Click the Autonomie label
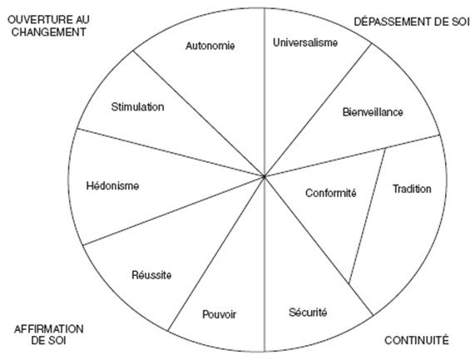point(210,46)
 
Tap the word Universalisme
point(305,42)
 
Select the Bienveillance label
point(373,112)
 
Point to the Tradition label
point(412,189)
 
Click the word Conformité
point(330,193)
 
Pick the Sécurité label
point(308,312)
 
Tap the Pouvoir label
point(219,314)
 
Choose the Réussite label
point(151,275)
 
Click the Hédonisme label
point(112,185)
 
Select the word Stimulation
point(137,107)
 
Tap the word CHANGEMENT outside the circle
point(48,32)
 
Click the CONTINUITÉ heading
point(417,340)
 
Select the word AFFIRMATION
point(49,328)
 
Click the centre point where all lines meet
point(265,176)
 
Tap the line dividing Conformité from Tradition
point(367,216)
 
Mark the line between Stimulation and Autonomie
point(199,114)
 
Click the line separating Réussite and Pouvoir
point(216,253)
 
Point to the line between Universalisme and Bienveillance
point(318,110)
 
